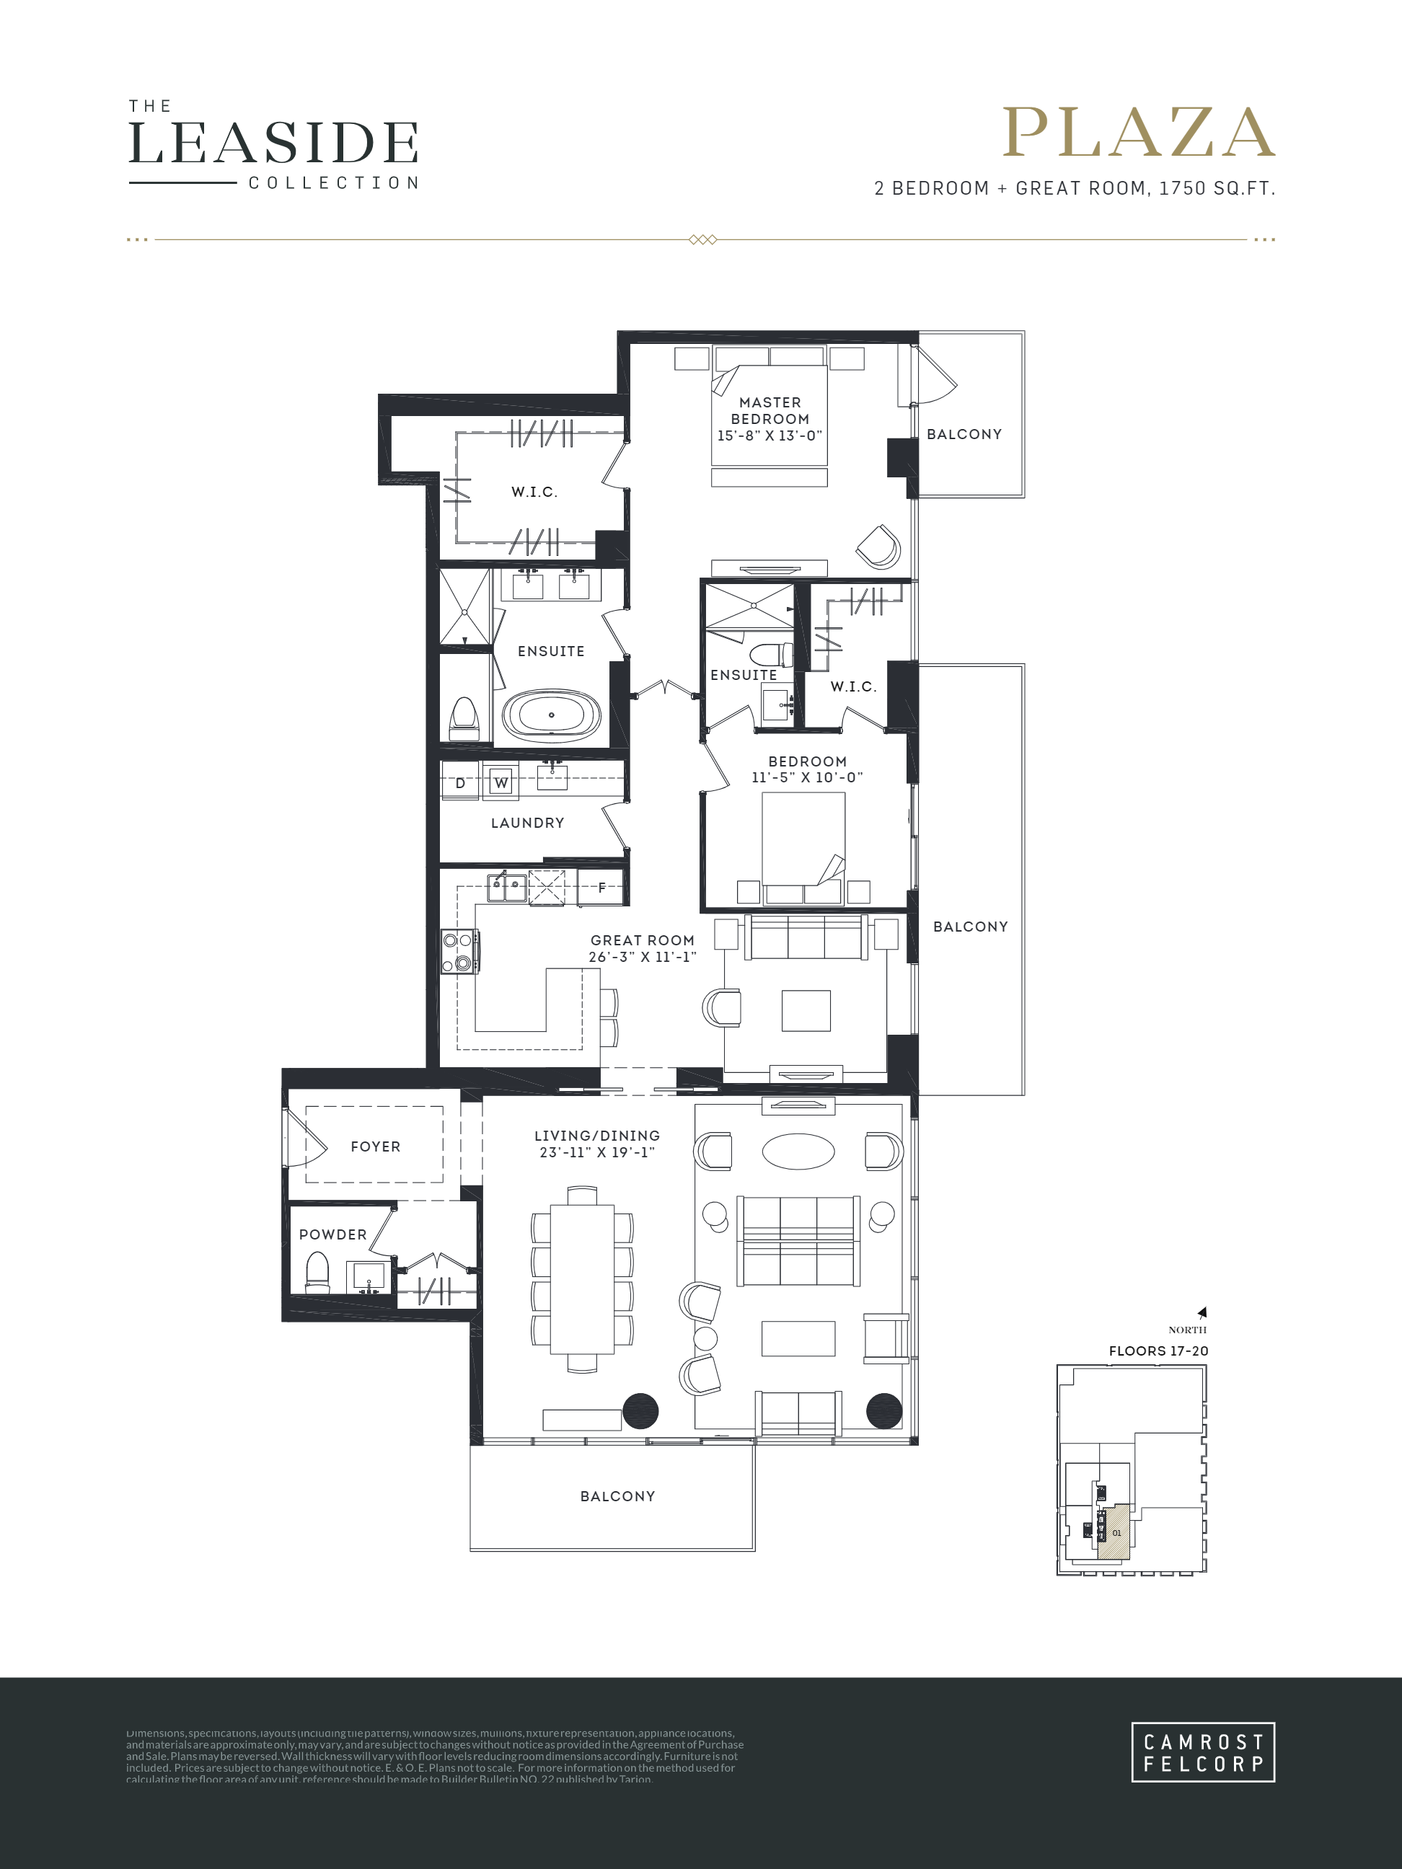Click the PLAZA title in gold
(1138, 133)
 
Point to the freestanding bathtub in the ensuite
(551, 715)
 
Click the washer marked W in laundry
(501, 782)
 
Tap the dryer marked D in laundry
(461, 782)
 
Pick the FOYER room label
(375, 1146)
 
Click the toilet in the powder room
(317, 1273)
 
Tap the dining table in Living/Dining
(582, 1278)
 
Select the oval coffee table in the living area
(798, 1151)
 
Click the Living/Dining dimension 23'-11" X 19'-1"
(597, 1152)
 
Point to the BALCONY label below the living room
(617, 1496)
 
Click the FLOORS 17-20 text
(1158, 1351)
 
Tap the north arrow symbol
(1202, 1312)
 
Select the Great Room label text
(643, 940)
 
